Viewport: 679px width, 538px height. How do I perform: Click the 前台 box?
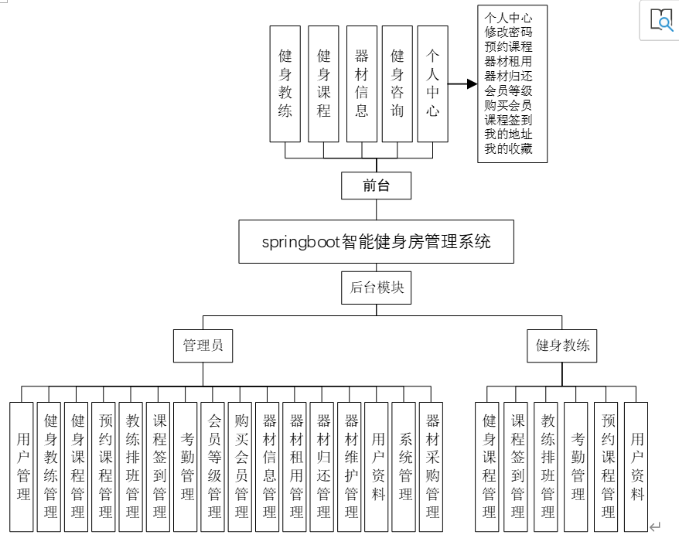point(377,186)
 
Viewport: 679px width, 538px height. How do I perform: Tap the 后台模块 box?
point(377,287)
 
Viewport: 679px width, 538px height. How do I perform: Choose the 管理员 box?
point(203,346)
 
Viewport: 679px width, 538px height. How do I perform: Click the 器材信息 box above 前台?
point(361,83)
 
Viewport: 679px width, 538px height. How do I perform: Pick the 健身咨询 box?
point(397,83)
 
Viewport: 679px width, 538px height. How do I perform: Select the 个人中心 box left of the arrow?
point(433,83)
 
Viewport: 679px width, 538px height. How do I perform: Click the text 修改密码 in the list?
point(508,32)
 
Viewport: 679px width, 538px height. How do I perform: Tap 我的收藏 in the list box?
point(508,148)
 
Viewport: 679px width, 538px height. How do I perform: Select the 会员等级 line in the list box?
point(508,90)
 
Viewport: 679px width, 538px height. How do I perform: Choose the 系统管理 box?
point(405,466)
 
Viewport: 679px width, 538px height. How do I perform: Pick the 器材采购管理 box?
point(433,466)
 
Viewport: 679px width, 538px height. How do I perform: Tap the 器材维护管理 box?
point(351,466)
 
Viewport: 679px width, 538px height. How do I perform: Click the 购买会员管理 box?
point(241,466)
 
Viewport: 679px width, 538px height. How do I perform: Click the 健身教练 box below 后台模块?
point(563,346)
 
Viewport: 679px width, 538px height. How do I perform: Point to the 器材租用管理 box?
point(296,466)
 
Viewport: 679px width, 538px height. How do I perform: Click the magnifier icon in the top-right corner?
point(661,19)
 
